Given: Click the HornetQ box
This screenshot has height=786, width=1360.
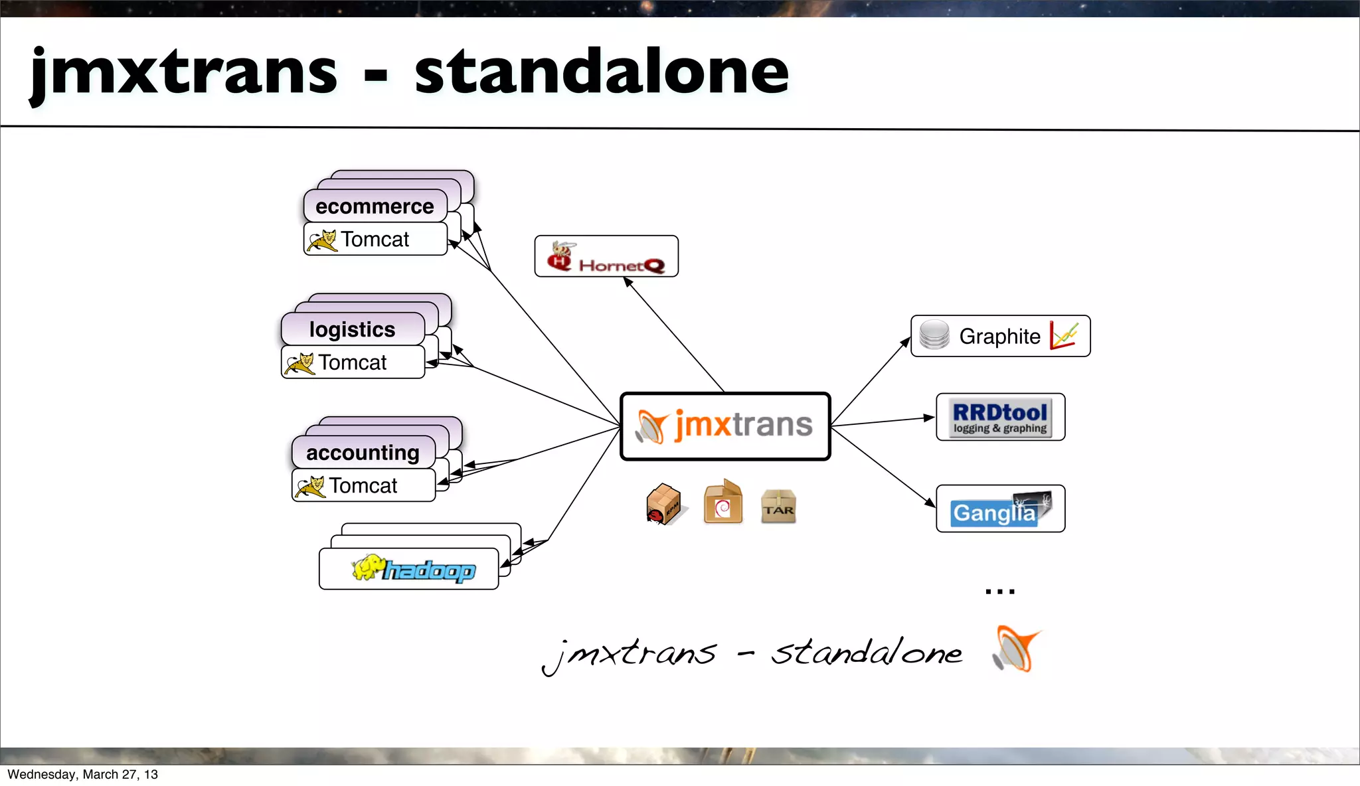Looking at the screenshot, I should click(606, 256).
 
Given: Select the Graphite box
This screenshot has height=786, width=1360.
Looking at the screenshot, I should click(999, 336).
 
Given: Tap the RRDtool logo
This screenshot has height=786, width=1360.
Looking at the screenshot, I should click(1000, 418).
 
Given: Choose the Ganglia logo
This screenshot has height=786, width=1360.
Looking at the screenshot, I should click(1000, 509).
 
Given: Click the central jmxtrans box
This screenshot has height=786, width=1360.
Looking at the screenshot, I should click(725, 426).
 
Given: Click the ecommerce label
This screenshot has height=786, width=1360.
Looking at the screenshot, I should click(375, 206).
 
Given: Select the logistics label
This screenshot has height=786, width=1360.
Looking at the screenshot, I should click(352, 329).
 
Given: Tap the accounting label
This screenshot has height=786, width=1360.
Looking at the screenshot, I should click(363, 453).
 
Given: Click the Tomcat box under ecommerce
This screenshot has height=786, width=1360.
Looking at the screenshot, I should click(375, 239).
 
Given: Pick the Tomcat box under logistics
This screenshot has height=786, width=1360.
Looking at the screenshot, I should click(353, 362).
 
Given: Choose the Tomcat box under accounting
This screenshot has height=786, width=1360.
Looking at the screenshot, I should click(363, 486).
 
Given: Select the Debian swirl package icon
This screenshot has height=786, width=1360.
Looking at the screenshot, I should click(722, 503).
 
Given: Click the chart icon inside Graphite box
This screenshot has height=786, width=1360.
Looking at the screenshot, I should click(1064, 335).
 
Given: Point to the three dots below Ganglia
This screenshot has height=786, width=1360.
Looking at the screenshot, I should click(1000, 591).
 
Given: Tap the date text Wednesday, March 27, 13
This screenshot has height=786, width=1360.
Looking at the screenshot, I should click(82, 775).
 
